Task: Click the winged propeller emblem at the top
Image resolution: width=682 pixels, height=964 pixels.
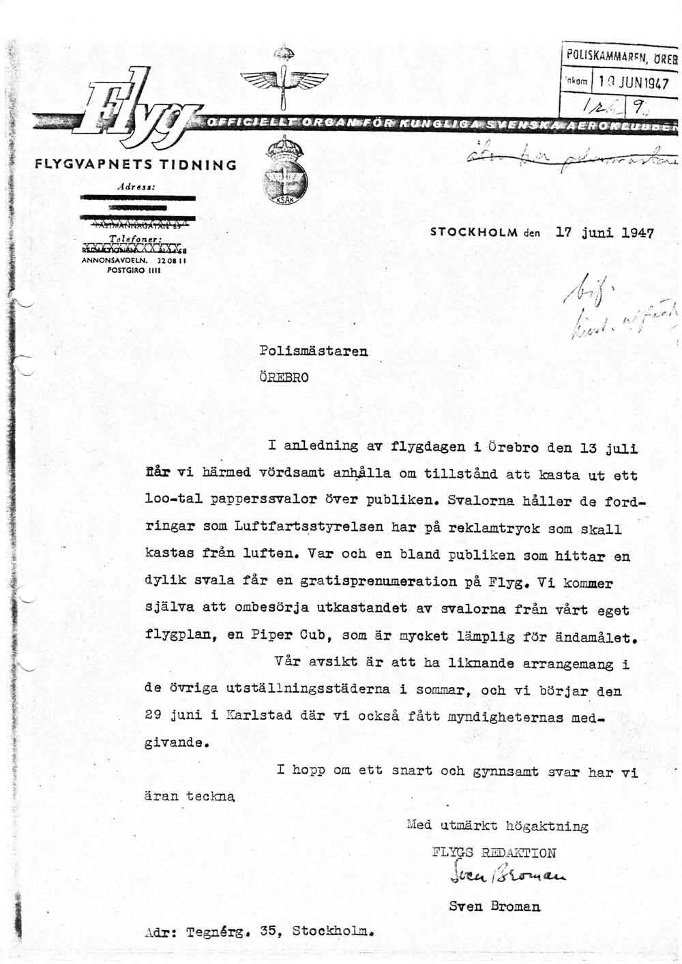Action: tap(284, 82)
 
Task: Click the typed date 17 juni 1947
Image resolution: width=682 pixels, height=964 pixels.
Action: tap(605, 232)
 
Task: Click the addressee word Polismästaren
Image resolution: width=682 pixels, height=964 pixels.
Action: tap(313, 351)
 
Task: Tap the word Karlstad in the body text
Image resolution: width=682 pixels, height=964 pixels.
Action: tap(258, 715)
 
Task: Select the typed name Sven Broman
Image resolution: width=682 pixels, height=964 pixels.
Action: tap(494, 907)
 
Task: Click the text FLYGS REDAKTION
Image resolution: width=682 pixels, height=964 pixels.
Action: tap(494, 852)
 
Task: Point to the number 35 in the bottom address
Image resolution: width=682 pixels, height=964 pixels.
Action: tap(267, 931)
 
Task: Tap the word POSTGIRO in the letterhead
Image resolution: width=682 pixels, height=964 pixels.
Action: tap(125, 269)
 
